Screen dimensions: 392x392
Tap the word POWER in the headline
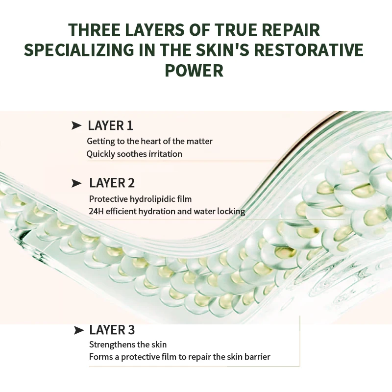(194, 71)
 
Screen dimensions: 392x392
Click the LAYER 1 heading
(110, 126)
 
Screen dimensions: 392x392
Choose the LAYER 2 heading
(112, 183)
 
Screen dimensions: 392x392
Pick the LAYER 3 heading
(112, 330)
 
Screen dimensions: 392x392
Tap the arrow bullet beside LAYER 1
(76, 126)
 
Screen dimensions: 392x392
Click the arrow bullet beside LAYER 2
(76, 184)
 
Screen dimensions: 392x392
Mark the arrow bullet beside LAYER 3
(78, 330)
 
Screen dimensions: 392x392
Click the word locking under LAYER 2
(231, 212)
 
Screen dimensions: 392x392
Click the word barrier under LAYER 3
(256, 357)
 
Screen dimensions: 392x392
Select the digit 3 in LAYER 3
(131, 330)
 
